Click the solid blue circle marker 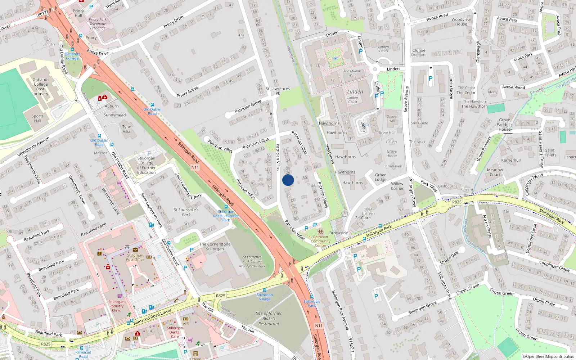[x=288, y=180]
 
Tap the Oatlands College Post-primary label [x=41, y=87]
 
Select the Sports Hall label [x=37, y=118]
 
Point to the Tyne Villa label [x=126, y=129]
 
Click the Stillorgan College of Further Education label [x=147, y=165]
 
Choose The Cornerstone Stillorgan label [x=215, y=247]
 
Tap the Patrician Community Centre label [x=320, y=241]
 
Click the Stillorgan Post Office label [x=135, y=257]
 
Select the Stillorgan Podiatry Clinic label [x=116, y=306]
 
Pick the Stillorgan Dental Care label [x=175, y=332]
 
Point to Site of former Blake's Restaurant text [x=269, y=318]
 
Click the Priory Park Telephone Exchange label [x=98, y=24]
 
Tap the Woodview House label [x=461, y=22]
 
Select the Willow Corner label [x=397, y=186]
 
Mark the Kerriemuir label [x=511, y=160]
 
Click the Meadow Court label [x=495, y=172]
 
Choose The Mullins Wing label [x=352, y=73]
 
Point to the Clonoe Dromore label [x=419, y=53]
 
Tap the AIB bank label [x=186, y=324]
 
